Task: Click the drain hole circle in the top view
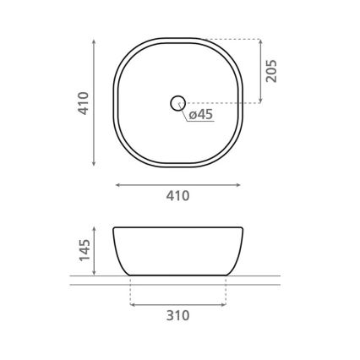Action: point(177,103)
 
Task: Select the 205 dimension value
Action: point(271,71)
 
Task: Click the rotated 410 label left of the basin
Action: point(84,102)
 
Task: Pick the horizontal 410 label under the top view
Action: point(177,196)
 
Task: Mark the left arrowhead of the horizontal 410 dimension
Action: point(117,183)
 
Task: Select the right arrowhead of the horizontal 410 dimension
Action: point(239,183)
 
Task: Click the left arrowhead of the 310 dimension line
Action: point(134,303)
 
